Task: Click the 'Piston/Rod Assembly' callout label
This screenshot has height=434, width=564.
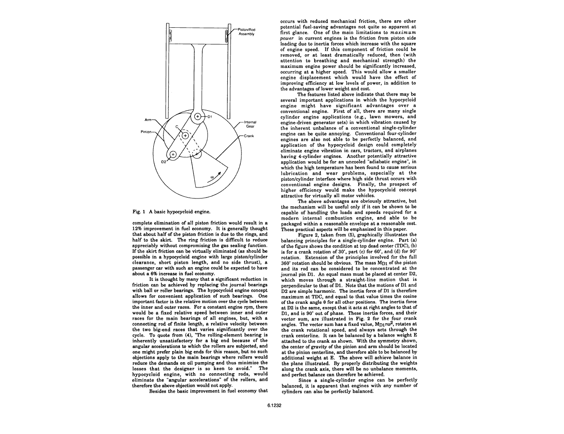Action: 246,32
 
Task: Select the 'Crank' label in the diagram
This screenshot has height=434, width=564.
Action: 249,136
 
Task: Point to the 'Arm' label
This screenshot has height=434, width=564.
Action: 148,120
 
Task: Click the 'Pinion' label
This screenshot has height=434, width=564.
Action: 147,131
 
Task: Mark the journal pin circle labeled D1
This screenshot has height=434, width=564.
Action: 198,117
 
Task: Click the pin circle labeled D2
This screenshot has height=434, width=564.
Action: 173,154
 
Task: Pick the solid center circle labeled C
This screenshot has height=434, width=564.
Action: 185,135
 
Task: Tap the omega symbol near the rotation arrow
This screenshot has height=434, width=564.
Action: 212,175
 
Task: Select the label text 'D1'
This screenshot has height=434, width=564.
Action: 210,117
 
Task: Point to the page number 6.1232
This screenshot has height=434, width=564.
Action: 274,405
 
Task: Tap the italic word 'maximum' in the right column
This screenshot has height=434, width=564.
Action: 403,32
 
